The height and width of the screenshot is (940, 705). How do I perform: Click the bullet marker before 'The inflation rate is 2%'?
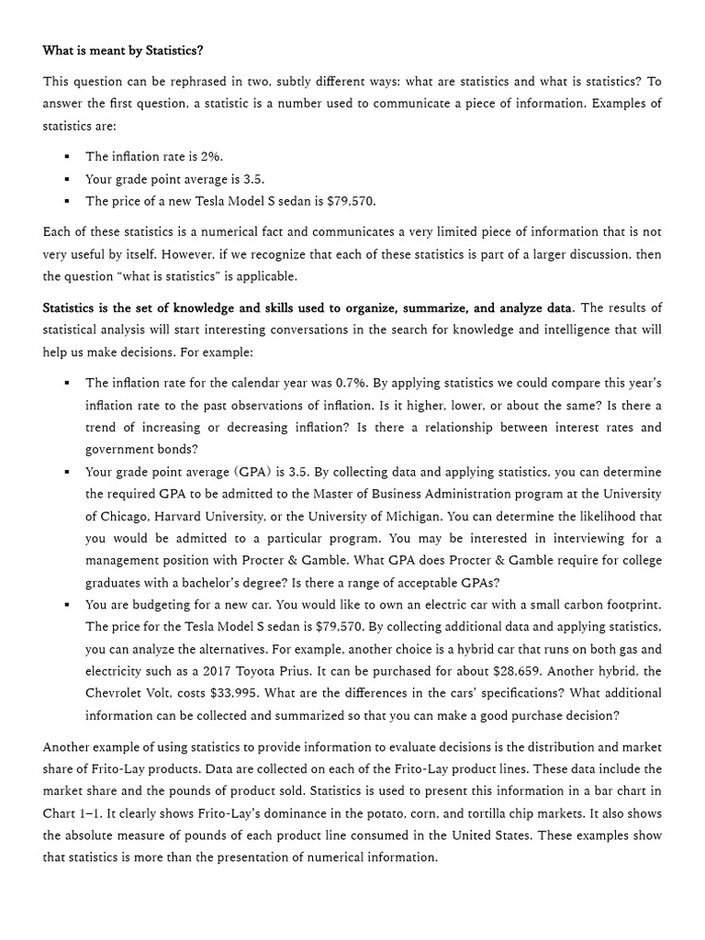coord(68,157)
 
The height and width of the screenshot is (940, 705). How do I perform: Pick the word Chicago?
coord(126,517)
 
